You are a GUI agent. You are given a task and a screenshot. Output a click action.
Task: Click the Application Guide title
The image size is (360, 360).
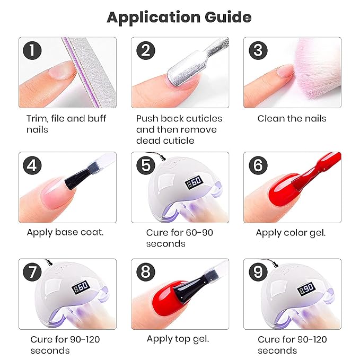click(x=179, y=17)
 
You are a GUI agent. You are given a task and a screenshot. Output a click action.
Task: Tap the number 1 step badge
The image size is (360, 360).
click(x=32, y=50)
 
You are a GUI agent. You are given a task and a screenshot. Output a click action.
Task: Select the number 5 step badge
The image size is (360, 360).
click(x=146, y=165)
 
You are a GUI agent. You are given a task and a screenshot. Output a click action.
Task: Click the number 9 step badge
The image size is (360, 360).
click(x=258, y=272)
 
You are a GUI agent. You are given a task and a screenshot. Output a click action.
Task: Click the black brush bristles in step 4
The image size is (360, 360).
click(x=76, y=180)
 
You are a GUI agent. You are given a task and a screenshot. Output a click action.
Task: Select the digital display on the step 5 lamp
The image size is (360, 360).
click(x=194, y=182)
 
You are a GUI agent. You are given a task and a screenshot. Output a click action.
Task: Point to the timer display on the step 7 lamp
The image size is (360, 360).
click(x=81, y=288)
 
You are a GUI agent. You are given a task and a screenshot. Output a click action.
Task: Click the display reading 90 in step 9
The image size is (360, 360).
click(x=306, y=289)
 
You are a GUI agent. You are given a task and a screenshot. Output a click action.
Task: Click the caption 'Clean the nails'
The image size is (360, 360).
click(x=292, y=118)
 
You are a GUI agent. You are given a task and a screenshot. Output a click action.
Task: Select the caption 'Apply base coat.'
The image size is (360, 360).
click(x=65, y=232)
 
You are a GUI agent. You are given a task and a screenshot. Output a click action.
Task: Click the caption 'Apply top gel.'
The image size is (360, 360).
click(x=178, y=339)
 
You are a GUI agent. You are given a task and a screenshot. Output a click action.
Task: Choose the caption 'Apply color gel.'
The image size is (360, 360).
click(x=291, y=233)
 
